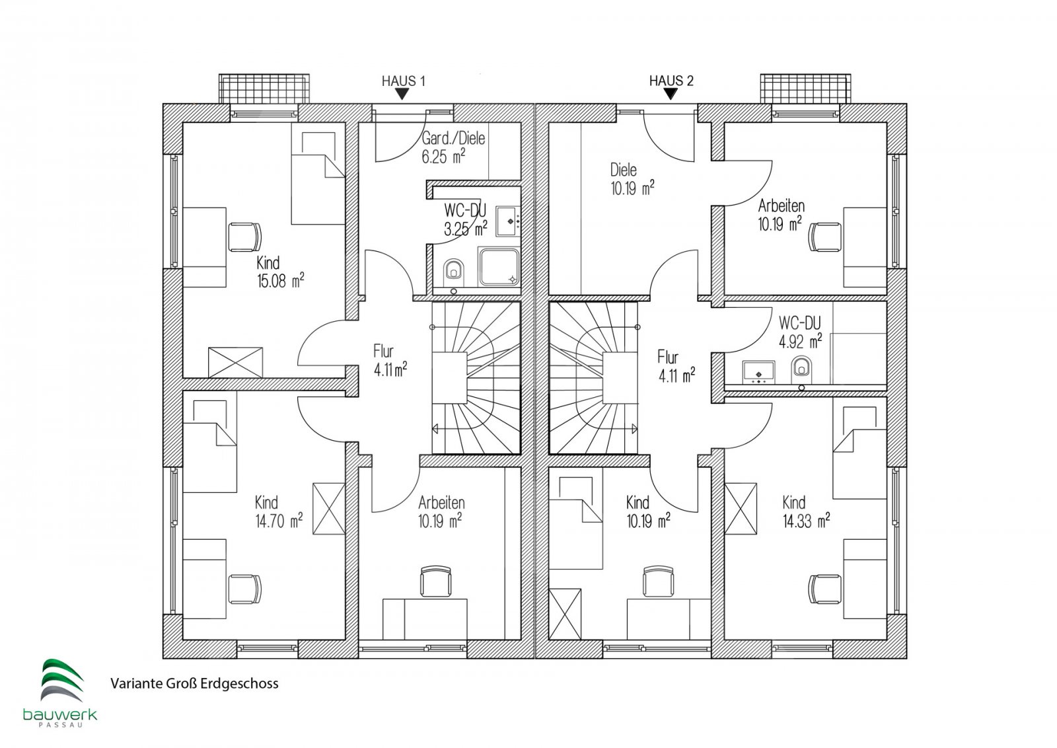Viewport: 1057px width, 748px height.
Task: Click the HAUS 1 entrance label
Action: pos(404,81)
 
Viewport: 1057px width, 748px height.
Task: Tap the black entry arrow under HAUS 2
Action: pos(670,94)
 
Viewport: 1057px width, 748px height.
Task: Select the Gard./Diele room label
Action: pos(453,138)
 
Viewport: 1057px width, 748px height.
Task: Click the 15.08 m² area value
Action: pos(280,281)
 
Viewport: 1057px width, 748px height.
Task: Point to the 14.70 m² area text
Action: pos(279,521)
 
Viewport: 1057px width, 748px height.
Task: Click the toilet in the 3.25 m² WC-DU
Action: pos(454,271)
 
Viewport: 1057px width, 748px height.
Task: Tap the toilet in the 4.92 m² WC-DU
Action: pos(801,367)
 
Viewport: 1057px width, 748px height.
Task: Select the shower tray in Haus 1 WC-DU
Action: pos(499,268)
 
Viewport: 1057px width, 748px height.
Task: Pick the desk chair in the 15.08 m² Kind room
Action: pos(244,237)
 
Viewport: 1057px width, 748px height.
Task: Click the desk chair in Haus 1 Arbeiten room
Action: pos(435,581)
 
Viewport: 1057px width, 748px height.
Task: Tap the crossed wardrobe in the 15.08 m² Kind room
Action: pos(235,363)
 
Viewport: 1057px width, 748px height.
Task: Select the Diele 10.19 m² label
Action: pos(632,179)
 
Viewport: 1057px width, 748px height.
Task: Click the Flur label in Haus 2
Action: pos(668,357)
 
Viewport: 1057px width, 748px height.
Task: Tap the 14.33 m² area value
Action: pos(806,521)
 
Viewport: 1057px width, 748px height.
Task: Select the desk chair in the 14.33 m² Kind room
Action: pos(824,589)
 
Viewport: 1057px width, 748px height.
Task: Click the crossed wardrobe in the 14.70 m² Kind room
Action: pos(329,509)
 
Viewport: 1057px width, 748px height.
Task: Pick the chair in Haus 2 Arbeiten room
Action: pos(824,237)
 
